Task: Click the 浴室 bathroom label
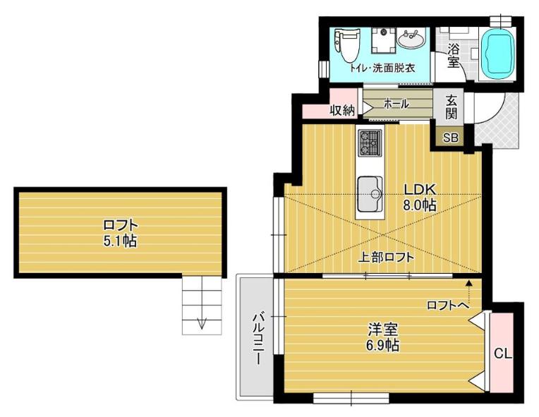pos(453,56)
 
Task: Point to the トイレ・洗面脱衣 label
pos(382,68)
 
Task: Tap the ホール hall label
pos(396,104)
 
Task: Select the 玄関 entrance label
pos(452,107)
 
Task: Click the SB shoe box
pos(450,138)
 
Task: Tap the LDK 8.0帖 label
pos(420,196)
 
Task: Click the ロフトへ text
pos(447,305)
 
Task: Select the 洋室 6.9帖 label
pos(383,337)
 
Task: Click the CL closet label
pos(502,353)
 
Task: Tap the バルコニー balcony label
pos(258,338)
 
